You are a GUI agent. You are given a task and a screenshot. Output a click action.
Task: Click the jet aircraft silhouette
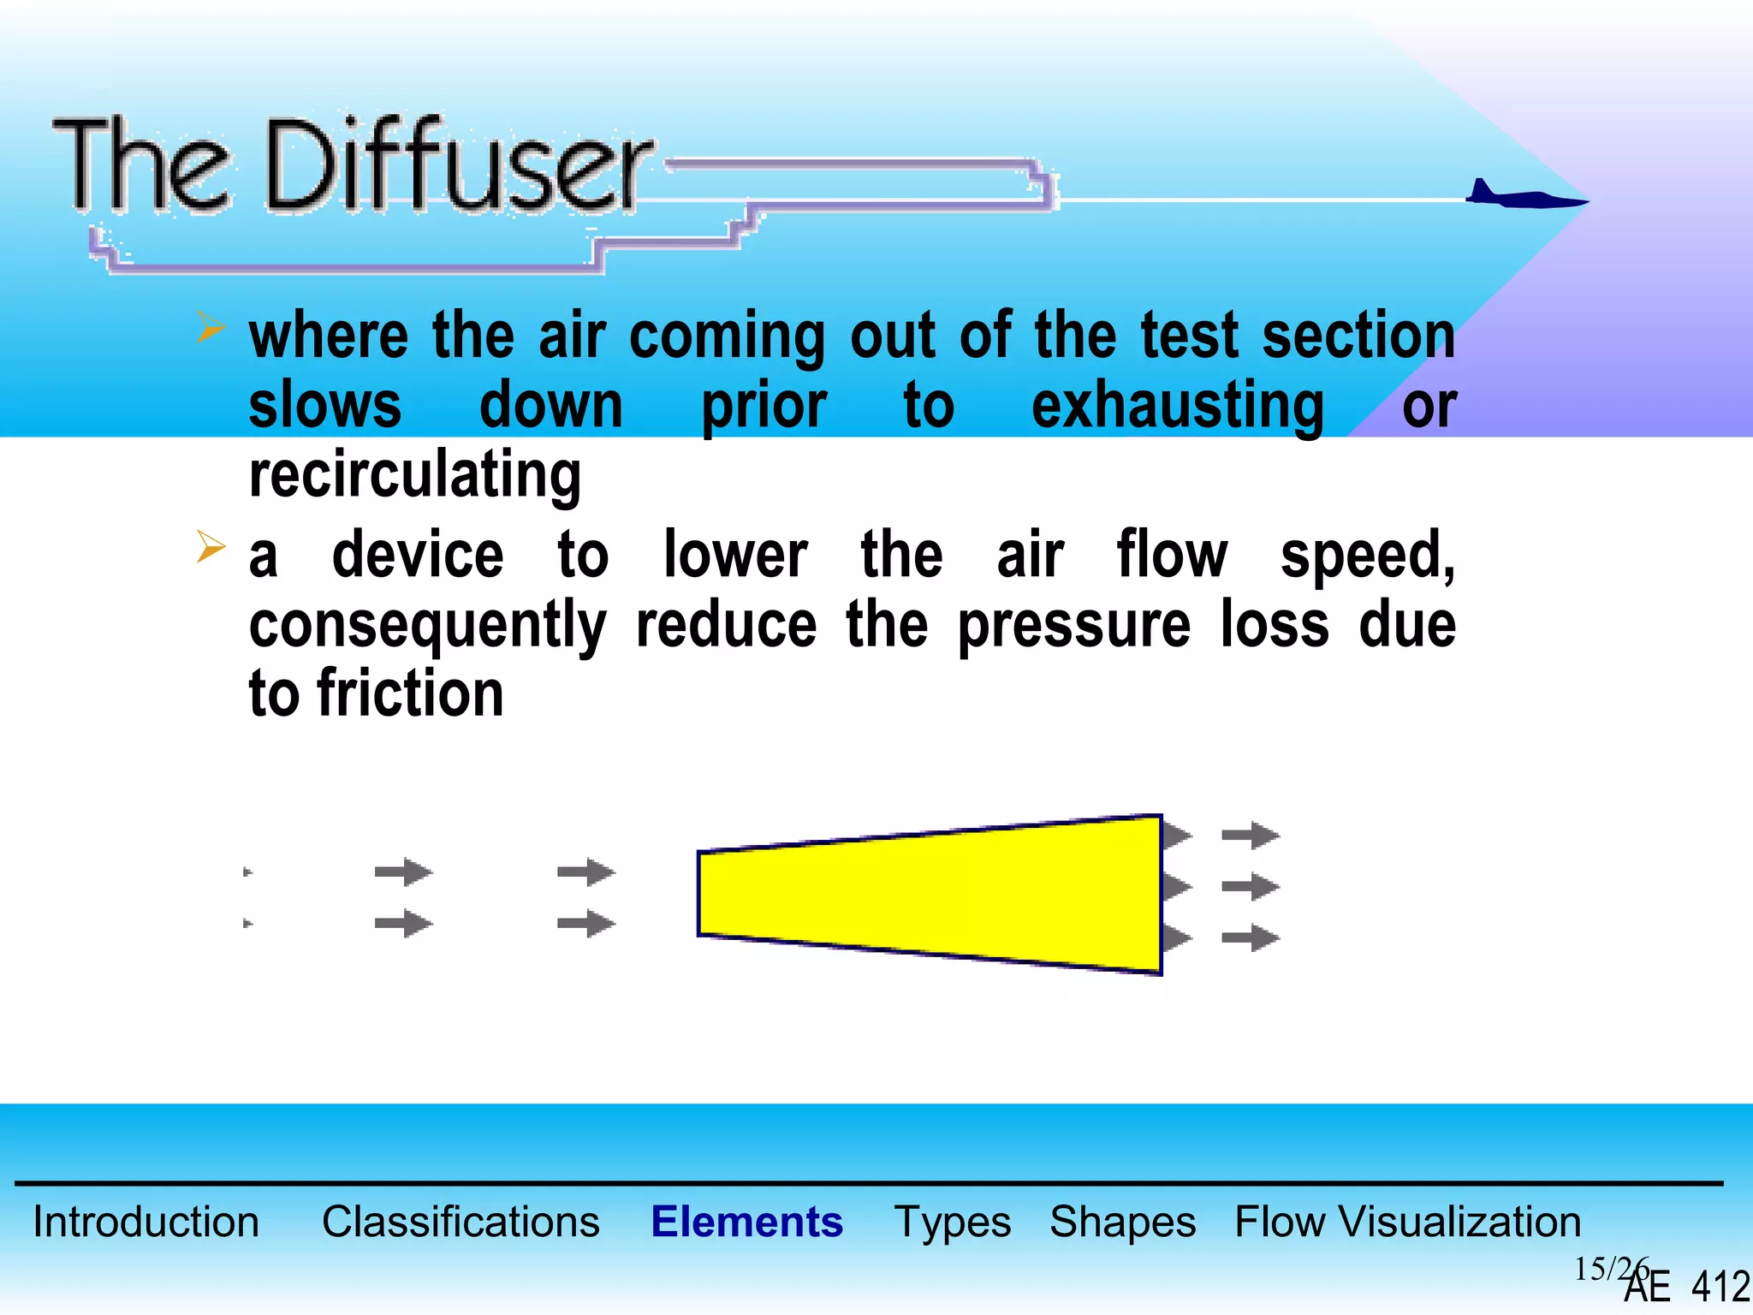tap(1524, 196)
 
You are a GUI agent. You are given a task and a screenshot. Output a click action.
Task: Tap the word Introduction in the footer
tap(146, 1222)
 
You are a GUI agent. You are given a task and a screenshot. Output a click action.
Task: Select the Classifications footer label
tap(461, 1222)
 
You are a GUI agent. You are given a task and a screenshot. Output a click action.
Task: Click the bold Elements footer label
tap(746, 1222)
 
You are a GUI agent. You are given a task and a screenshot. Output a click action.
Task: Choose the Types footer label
tap(952, 1222)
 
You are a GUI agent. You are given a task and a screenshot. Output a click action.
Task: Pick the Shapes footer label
tap(1122, 1222)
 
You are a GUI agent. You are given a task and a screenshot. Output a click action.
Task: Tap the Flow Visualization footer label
tap(1407, 1222)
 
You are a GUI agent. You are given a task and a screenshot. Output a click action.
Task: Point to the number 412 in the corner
tap(1720, 1287)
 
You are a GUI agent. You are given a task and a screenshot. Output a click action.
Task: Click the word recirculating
tap(415, 474)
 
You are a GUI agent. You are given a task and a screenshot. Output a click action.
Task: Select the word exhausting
tap(1178, 406)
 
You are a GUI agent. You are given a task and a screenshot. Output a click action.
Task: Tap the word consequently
tap(428, 626)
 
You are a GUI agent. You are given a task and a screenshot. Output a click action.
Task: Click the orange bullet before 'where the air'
tap(210, 327)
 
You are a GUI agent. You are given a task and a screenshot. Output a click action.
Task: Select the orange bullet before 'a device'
tap(210, 546)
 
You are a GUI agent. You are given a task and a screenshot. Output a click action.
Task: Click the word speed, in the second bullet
tap(1367, 556)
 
